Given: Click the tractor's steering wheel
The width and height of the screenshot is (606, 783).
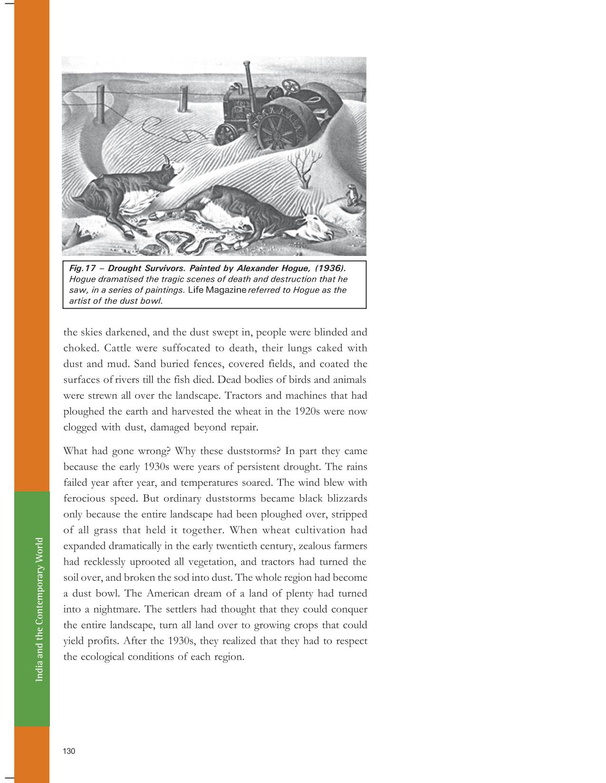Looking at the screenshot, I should [x=291, y=85].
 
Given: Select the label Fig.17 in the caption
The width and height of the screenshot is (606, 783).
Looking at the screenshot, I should [x=83, y=269].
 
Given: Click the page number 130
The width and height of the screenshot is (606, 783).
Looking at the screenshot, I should [x=69, y=751].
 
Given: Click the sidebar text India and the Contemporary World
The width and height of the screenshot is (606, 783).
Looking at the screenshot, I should [x=39, y=609].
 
